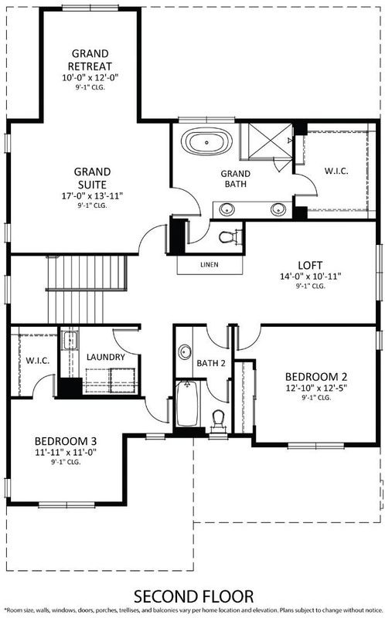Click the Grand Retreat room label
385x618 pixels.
(x=90, y=60)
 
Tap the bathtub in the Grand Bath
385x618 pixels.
(x=206, y=142)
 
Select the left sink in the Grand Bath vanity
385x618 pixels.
(x=227, y=209)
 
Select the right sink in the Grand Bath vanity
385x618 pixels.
(x=278, y=209)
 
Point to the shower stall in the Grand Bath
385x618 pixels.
(x=266, y=141)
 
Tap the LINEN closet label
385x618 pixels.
(x=210, y=265)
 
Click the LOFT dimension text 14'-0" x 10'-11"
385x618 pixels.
(x=311, y=277)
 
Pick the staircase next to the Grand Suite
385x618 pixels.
(x=87, y=289)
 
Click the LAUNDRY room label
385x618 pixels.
(x=106, y=357)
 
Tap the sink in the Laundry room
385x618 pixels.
(x=70, y=340)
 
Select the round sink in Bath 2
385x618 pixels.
(x=184, y=351)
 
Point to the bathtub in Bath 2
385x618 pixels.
(x=187, y=403)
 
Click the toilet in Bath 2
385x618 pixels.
(x=218, y=419)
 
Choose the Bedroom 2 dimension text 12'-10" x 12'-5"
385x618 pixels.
(x=316, y=388)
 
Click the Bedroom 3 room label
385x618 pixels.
(x=66, y=440)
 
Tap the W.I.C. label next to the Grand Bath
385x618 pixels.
(x=336, y=171)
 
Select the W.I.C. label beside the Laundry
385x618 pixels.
(x=38, y=360)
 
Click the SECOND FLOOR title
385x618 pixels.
(x=193, y=596)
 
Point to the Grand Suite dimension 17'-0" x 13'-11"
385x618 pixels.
(x=92, y=196)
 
